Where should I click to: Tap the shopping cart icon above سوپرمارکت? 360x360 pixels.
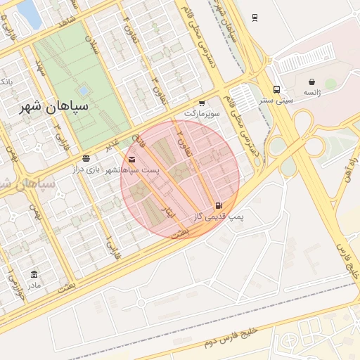202,103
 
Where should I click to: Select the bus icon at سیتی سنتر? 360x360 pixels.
276,90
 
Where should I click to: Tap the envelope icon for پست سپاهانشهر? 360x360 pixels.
132,160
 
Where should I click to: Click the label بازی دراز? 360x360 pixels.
86,169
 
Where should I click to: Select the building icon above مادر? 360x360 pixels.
34,274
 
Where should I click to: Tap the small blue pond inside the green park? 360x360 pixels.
84,91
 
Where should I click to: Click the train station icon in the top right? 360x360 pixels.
255,18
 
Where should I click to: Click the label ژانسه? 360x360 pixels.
312,93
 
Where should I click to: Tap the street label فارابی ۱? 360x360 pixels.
111,245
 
